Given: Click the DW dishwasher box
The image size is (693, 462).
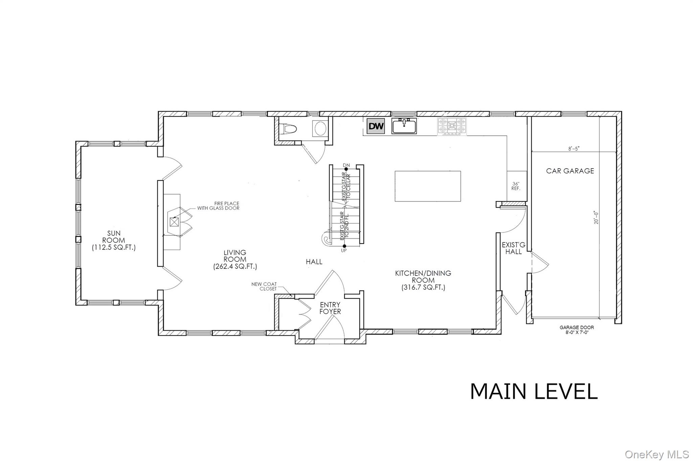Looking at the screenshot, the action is click(376, 126).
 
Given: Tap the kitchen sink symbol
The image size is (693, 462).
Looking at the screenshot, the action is click(404, 126).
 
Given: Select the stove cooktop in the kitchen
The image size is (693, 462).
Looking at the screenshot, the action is click(452, 127).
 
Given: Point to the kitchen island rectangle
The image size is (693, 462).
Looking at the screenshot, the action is click(428, 186).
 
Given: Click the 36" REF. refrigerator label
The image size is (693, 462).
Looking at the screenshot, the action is click(516, 186).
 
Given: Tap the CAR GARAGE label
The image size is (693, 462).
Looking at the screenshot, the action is click(570, 171).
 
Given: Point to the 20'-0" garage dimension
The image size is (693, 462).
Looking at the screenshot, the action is click(596, 217).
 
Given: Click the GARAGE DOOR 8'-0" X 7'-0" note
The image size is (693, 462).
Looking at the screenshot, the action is click(577, 330).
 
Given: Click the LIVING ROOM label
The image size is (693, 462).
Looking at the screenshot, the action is click(235, 259).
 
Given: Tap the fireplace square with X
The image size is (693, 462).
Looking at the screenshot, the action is click(174, 222).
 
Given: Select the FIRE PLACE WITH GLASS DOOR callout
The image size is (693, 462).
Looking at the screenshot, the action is click(218, 206).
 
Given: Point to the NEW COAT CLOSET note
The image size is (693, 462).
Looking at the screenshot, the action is click(264, 287).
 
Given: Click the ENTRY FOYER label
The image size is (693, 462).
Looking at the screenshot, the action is click(330, 308).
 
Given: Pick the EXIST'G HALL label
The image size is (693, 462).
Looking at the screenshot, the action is click(514, 248).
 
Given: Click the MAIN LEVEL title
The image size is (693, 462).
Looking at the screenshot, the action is click(534, 392).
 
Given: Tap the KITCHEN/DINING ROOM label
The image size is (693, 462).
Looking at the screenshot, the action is click(423, 280).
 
